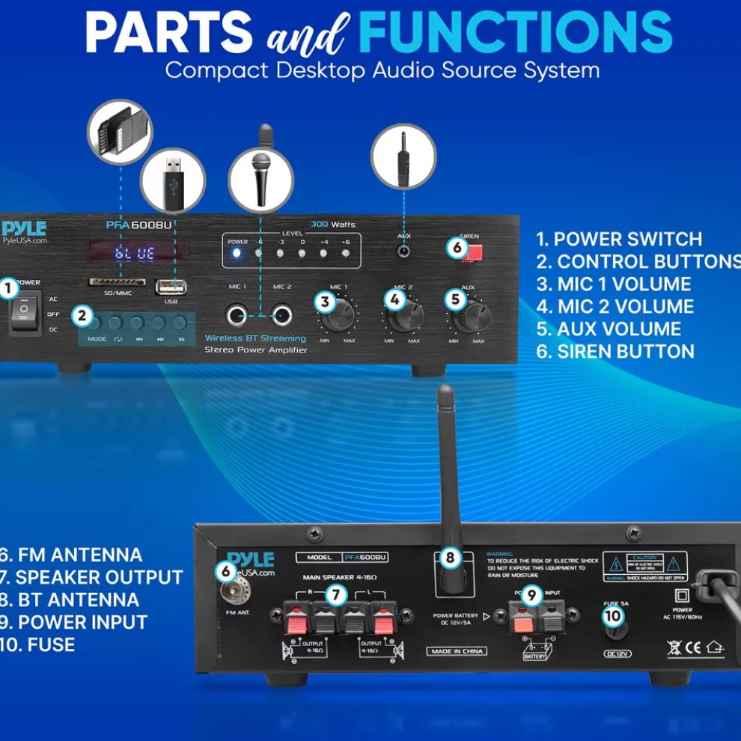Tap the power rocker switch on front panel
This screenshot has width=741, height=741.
pos(25,314)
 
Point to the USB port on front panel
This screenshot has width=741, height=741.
pos(171,287)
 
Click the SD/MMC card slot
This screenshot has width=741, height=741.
pos(107,283)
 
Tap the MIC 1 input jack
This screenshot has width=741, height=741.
pos(239,314)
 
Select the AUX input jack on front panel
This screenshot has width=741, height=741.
pos(404,251)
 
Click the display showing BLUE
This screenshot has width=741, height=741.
pos(135,254)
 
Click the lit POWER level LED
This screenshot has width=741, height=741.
pos(237,253)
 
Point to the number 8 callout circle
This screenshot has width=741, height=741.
pos(450,557)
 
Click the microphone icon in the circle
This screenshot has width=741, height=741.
pos(260,180)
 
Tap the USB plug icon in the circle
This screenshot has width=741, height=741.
pos(172,180)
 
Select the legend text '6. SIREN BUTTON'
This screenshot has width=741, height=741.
pos(615,351)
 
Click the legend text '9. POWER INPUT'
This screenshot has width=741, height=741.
pos(75,622)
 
